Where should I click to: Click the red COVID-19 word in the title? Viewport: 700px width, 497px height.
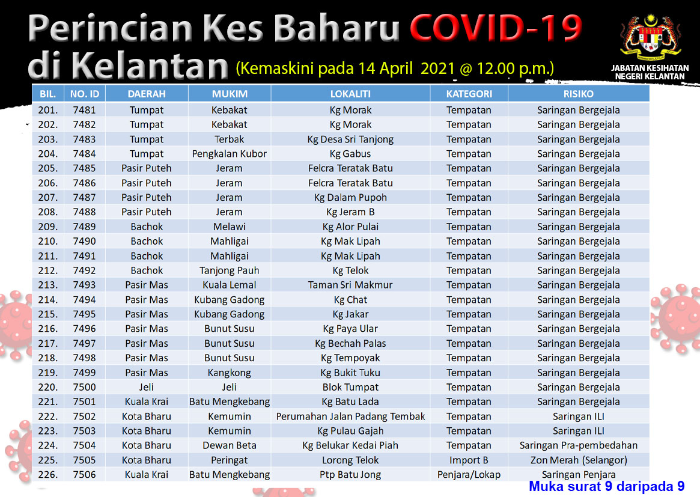(x=496, y=28)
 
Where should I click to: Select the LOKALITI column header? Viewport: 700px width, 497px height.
(x=350, y=94)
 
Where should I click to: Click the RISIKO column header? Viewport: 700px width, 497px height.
(x=579, y=94)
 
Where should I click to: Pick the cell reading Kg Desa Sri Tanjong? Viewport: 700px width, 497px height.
(x=350, y=139)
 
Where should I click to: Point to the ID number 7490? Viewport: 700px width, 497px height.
(x=84, y=241)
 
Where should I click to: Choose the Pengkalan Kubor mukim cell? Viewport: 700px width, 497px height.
(x=230, y=154)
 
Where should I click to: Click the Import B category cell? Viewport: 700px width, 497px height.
(x=469, y=460)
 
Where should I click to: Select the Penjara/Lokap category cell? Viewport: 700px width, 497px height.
(x=469, y=475)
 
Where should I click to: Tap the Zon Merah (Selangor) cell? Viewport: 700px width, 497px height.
(x=579, y=460)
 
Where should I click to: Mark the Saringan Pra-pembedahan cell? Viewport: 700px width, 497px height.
(x=579, y=446)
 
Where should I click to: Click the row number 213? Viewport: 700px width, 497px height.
(x=47, y=285)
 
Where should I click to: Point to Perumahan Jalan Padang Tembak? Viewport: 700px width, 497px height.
(x=350, y=416)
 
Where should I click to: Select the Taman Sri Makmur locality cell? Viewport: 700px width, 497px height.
(x=350, y=285)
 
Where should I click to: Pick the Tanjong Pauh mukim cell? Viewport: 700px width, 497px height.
(x=230, y=270)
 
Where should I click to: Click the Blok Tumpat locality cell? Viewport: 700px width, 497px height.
(x=350, y=387)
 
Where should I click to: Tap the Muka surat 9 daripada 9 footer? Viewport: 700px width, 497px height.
(x=607, y=486)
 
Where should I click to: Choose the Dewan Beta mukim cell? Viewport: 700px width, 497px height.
(x=230, y=446)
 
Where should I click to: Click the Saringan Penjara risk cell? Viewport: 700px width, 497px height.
(x=579, y=475)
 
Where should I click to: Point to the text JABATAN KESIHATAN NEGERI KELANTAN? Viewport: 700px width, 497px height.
(x=650, y=72)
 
